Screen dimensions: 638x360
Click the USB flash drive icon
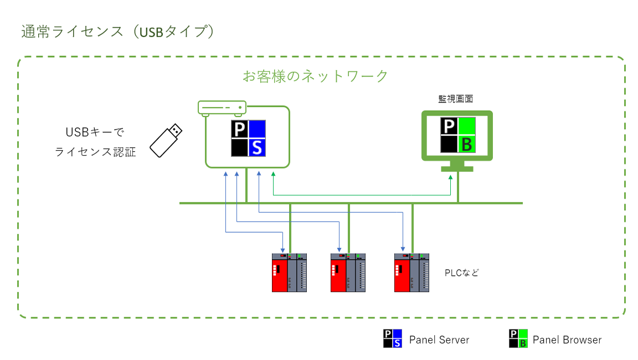click(x=166, y=140)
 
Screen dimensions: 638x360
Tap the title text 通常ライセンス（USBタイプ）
click(x=118, y=32)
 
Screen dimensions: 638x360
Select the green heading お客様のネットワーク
click(x=315, y=76)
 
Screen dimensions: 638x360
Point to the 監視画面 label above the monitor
click(x=455, y=99)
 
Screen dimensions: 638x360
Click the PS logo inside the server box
click(x=248, y=138)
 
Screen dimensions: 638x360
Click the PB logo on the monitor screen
click(x=458, y=135)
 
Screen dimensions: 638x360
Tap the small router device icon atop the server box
click(x=222, y=108)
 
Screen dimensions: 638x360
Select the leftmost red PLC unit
click(x=289, y=272)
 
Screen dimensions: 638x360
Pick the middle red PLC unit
click(x=348, y=272)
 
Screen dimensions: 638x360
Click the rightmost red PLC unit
click(x=411, y=272)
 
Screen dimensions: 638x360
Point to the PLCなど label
click(x=462, y=272)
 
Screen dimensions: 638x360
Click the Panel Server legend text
click(x=439, y=340)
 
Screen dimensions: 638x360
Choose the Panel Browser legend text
click(x=567, y=340)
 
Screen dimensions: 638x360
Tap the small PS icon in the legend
click(x=393, y=338)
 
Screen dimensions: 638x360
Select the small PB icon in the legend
click(x=518, y=338)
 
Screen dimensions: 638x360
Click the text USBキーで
click(x=95, y=132)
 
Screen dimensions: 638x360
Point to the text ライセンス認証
click(x=95, y=152)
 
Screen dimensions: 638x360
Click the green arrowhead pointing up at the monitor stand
click(x=450, y=177)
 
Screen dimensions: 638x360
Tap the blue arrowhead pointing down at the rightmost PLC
click(x=403, y=249)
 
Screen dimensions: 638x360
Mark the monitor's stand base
click(x=457, y=168)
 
